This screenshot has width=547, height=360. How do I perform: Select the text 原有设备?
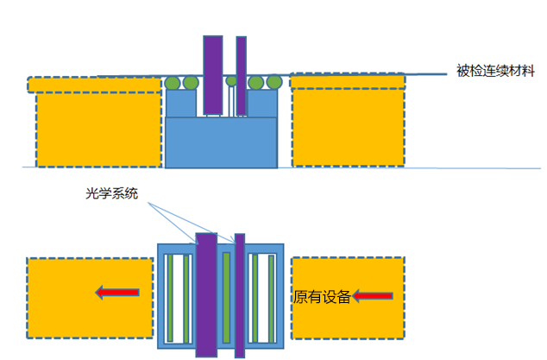tap(321, 297)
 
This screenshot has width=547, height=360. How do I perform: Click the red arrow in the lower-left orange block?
tap(117, 294)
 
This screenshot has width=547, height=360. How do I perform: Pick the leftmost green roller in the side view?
tap(173, 83)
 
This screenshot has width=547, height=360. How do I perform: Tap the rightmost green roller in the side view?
tap(273, 82)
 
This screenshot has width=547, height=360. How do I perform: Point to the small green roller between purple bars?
tap(231, 82)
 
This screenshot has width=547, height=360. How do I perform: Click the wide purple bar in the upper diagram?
tap(212, 75)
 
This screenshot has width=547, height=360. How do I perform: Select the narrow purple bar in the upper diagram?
tap(242, 75)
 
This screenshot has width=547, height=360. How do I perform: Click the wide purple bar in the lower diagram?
tap(206, 294)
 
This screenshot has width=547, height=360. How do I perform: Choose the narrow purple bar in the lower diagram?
tap(240, 294)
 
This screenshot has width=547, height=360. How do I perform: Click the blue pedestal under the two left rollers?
tap(181, 104)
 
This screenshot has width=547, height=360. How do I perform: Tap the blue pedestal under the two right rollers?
tap(263, 104)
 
